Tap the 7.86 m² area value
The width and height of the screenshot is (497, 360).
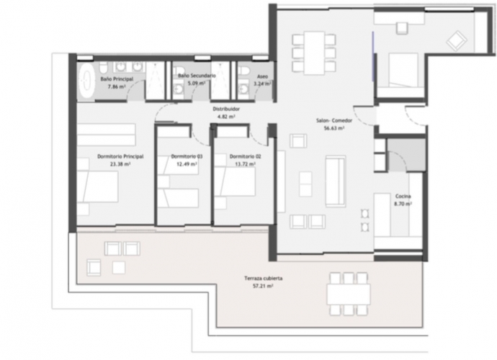click(117, 86)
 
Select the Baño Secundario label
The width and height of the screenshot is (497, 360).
click(192, 75)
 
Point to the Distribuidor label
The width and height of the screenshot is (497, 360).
click(225, 109)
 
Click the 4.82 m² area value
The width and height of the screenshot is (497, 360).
click(225, 117)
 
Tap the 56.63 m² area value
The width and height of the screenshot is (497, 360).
click(332, 129)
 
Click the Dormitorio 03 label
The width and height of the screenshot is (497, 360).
click(187, 156)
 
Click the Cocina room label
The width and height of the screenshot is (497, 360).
click(403, 197)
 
